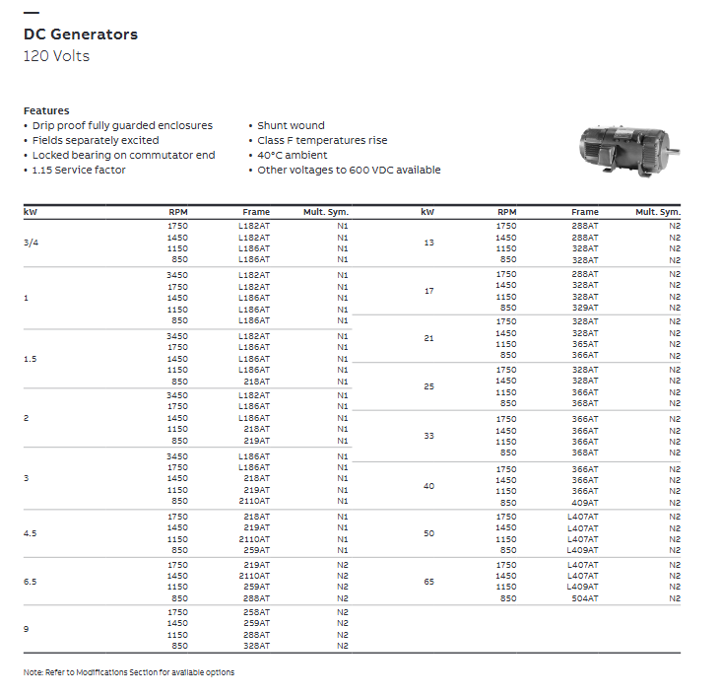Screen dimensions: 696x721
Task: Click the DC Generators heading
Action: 81,35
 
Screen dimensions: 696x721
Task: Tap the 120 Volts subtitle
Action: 56,56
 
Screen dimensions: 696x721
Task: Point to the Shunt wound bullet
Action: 291,126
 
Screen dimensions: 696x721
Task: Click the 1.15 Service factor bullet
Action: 79,171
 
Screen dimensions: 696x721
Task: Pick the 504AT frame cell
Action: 584,598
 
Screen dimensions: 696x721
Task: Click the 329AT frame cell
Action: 584,309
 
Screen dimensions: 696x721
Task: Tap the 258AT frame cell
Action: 256,612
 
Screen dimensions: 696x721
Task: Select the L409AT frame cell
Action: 582,587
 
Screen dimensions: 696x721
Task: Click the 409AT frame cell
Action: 584,503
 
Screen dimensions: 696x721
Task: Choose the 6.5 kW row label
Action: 31,582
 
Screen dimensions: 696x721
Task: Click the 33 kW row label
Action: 427,436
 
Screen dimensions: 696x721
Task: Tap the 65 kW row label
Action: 427,582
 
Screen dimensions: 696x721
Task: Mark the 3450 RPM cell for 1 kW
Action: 177,275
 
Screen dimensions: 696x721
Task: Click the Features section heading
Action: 46,110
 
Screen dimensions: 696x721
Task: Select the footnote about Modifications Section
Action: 129,673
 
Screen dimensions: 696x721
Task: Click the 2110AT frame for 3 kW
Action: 254,501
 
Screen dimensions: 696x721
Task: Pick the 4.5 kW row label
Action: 31,533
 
